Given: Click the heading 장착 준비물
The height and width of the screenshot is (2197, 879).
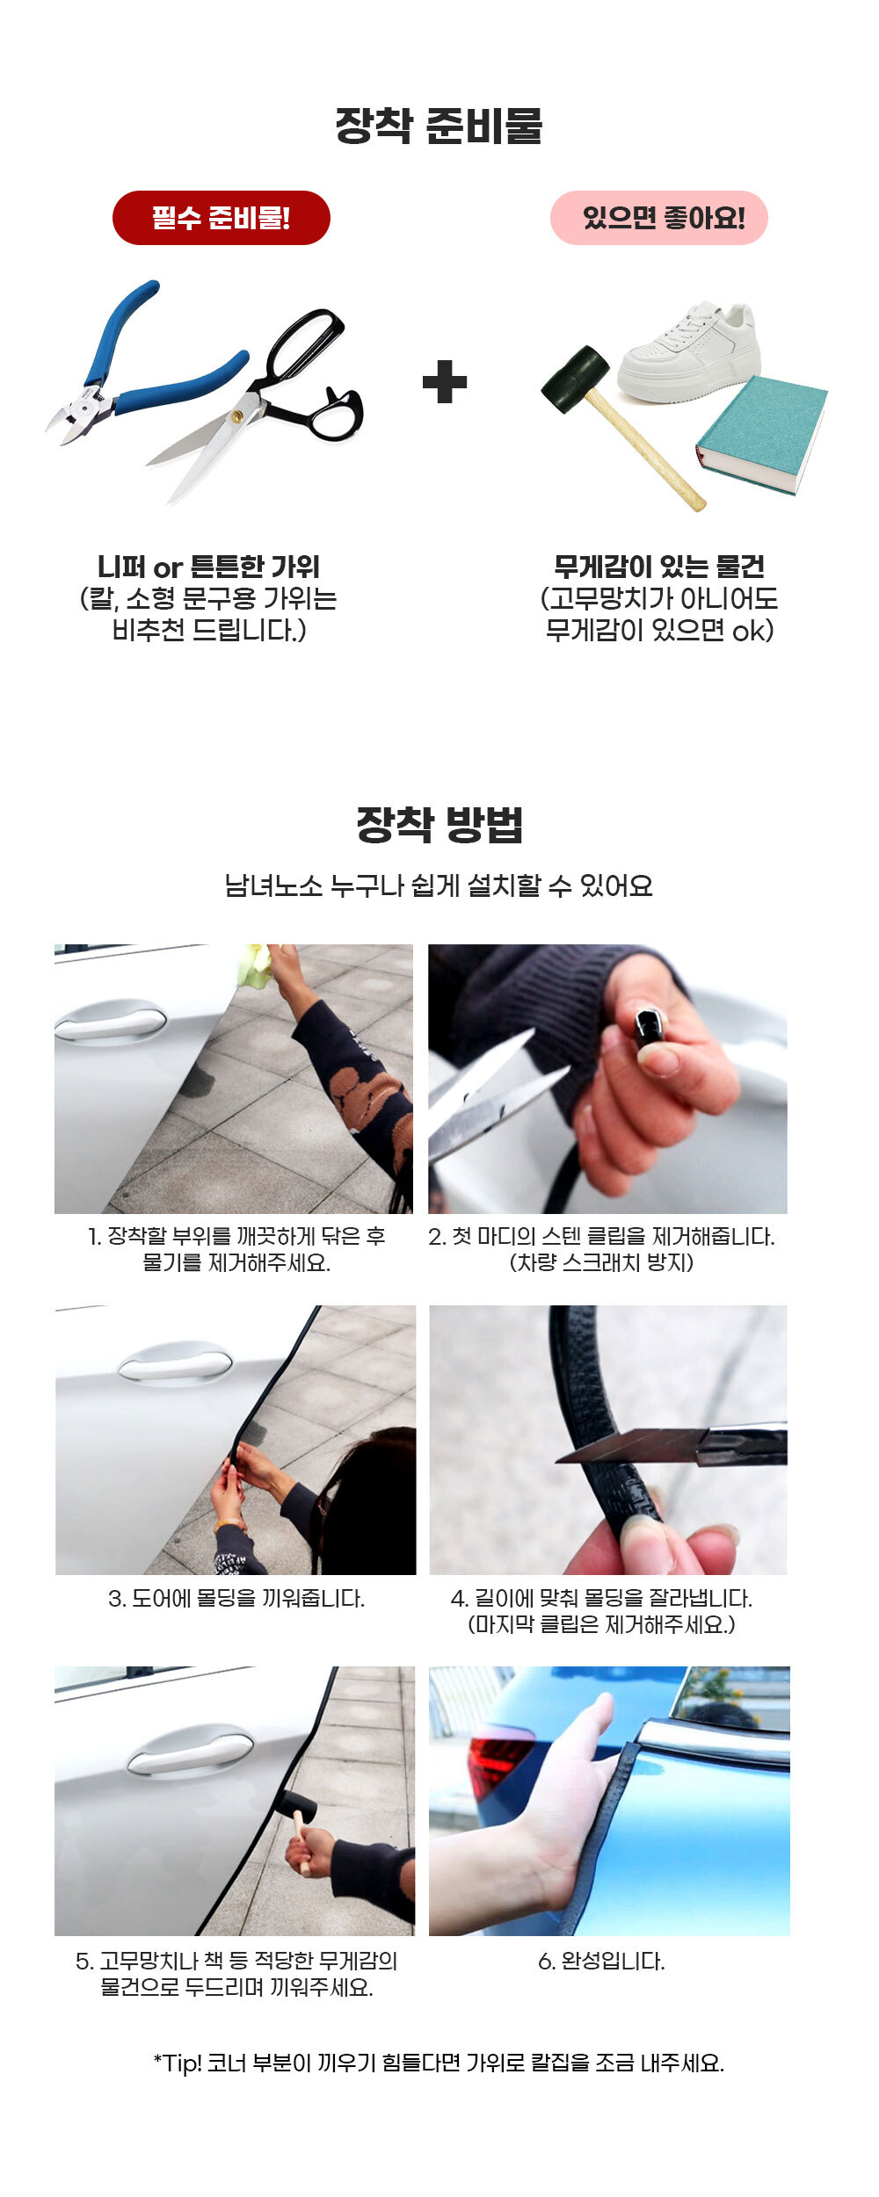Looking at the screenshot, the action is click(439, 125).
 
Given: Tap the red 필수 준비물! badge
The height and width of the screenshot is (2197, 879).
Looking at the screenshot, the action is click(222, 218).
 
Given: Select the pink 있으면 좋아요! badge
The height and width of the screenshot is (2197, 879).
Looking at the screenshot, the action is click(659, 218).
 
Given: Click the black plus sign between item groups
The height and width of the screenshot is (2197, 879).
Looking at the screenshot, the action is click(445, 382).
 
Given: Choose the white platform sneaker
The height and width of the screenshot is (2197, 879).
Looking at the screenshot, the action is click(690, 351).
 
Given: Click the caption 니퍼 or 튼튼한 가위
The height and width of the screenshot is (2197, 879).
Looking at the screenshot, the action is click(208, 567).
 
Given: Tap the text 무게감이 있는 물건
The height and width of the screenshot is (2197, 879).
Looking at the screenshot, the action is click(659, 567).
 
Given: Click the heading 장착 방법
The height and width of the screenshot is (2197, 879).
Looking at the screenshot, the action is click(439, 824).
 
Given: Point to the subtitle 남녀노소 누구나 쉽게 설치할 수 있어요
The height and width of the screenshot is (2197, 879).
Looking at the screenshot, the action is click(439, 885).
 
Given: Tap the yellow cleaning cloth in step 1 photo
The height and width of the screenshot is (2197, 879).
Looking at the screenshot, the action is click(255, 964).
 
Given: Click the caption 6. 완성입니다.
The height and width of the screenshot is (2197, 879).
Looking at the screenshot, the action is click(601, 1962).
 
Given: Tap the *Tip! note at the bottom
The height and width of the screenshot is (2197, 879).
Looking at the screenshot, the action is click(439, 2063).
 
